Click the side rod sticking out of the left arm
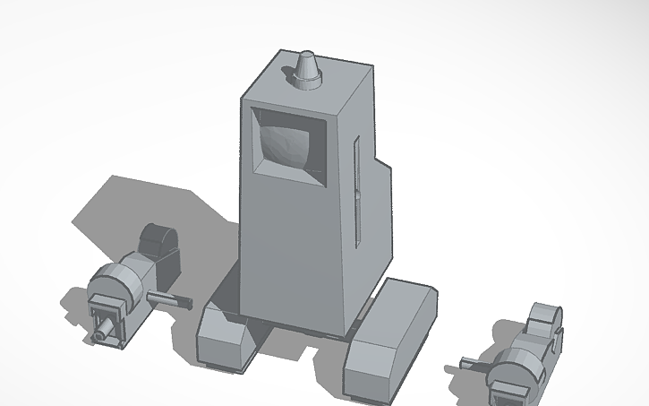[x=169, y=299]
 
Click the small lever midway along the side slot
[x=356, y=197]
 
